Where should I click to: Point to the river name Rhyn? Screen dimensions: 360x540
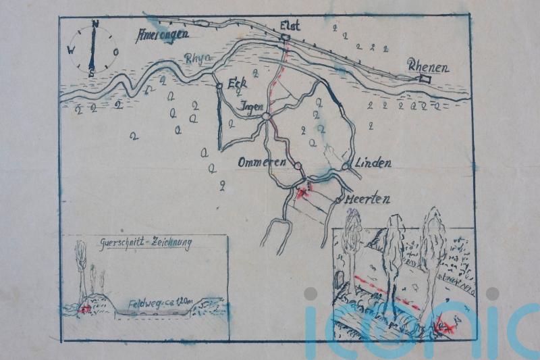click(x=198, y=59)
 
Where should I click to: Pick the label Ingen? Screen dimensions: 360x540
click(x=250, y=107)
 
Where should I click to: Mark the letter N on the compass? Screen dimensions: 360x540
click(x=95, y=24)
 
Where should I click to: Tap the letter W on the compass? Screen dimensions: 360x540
click(x=71, y=49)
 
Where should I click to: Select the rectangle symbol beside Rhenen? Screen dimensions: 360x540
click(x=424, y=79)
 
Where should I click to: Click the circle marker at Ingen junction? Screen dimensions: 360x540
click(x=267, y=116)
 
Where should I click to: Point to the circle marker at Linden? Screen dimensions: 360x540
click(x=346, y=165)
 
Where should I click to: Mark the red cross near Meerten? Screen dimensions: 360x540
click(x=302, y=193)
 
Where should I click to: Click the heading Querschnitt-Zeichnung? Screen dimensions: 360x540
click(x=145, y=242)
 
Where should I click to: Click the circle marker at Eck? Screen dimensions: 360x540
click(x=219, y=86)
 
